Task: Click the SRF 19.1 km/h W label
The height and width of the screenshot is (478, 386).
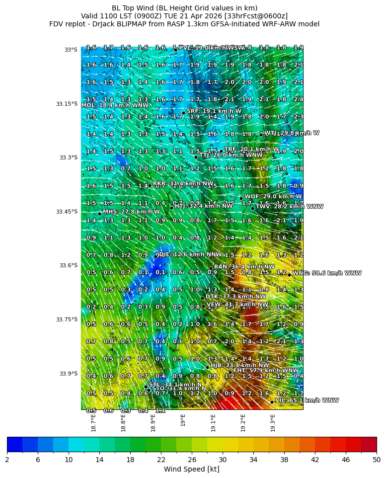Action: [x=214, y=111]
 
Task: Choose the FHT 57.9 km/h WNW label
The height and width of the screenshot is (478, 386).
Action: [x=266, y=371]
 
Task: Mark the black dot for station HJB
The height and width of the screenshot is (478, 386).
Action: [x=207, y=367]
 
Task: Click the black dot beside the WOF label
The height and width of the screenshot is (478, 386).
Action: [x=241, y=198]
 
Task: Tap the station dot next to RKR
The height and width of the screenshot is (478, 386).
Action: [x=150, y=185]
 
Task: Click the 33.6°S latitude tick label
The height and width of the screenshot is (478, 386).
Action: [x=67, y=265]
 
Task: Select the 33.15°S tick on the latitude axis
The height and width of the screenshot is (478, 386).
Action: [x=67, y=104]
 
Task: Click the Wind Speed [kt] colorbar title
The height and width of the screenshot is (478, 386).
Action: [x=191, y=469]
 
